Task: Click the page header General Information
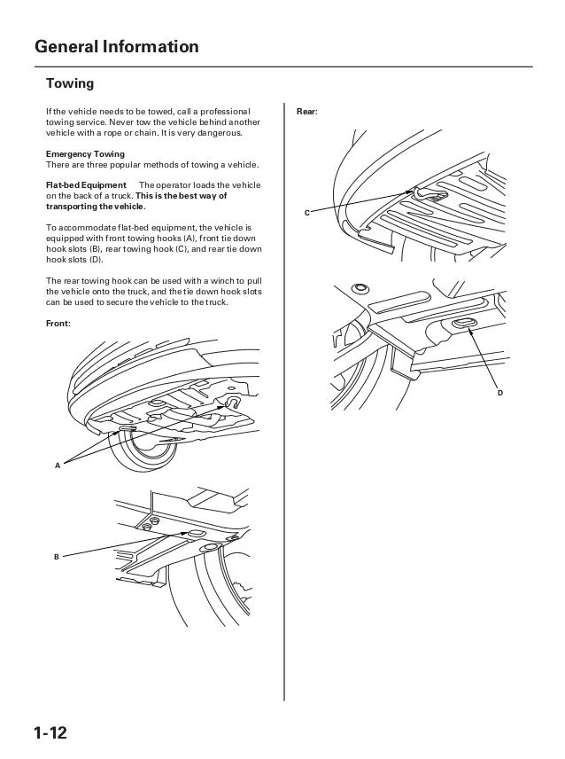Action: (116, 46)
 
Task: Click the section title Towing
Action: (70, 84)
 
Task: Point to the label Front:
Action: (58, 323)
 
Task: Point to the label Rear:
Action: (306, 113)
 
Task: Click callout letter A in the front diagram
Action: (58, 465)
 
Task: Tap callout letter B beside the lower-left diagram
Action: (56, 557)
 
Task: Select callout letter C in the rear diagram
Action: (306, 214)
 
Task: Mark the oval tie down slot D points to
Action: (462, 325)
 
